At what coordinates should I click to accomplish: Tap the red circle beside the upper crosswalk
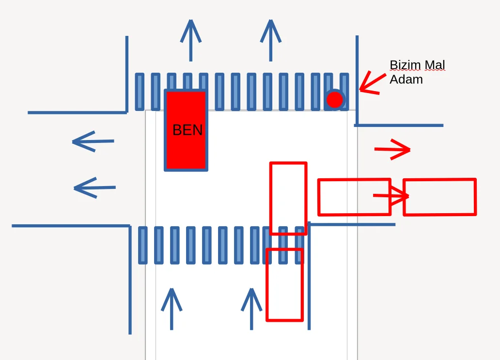334,100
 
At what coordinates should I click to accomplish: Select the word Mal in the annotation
435,65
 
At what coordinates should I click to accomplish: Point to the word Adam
406,79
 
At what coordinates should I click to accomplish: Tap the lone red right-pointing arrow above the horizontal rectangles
393,149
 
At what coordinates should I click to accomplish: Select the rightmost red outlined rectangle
439,197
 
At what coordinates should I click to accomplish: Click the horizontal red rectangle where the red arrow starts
354,197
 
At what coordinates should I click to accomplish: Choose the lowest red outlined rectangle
284,285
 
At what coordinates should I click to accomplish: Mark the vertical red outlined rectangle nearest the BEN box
288,198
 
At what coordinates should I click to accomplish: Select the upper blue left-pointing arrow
93,142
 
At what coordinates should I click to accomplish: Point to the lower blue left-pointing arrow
94,188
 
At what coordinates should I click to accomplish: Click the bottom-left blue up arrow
172,309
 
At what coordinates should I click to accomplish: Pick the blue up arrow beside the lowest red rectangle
251,309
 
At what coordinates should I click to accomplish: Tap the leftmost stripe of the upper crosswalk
140,92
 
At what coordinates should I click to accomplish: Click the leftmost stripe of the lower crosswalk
142,245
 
